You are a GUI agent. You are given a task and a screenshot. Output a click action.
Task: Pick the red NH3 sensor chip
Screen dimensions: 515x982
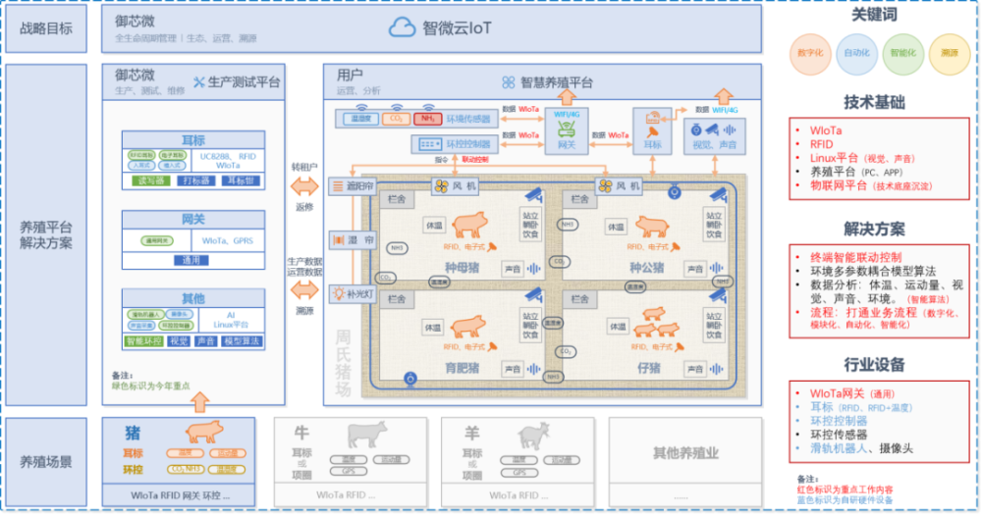point(427,119)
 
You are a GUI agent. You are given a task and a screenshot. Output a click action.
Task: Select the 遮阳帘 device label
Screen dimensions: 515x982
point(353,185)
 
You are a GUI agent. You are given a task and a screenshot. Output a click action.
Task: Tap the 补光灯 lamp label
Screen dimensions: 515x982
point(353,292)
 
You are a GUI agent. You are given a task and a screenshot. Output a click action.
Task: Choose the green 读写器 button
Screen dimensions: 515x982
point(150,180)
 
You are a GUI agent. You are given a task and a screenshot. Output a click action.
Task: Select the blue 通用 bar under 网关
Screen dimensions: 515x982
point(191,261)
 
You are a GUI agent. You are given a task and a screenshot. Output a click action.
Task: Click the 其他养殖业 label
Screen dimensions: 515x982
point(685,453)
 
